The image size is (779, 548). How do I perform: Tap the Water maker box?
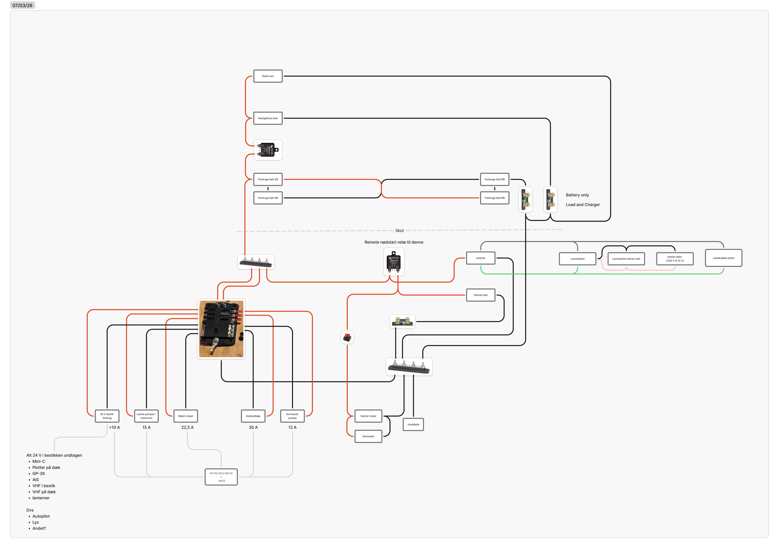(x=186, y=416)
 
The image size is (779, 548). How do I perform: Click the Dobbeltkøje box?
(x=253, y=416)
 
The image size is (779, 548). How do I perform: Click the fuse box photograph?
(x=221, y=329)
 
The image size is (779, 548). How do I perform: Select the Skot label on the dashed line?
(x=399, y=230)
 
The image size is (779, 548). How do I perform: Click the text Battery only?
(x=577, y=195)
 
